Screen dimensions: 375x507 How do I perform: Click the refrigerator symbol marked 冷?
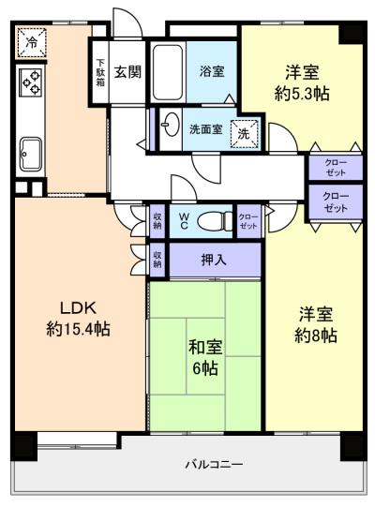point(32,43)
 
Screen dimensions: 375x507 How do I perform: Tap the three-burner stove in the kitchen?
point(31,82)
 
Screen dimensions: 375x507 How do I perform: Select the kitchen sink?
point(31,155)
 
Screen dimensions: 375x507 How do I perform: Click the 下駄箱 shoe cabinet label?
point(100,72)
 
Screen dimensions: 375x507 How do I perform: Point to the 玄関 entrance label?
point(127,72)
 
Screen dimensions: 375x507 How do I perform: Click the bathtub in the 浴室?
point(168,72)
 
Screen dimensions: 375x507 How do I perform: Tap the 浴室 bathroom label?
point(212,71)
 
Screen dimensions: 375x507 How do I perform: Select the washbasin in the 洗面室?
point(171,124)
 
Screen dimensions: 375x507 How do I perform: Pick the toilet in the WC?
point(215,221)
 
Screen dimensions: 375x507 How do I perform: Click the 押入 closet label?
point(214,260)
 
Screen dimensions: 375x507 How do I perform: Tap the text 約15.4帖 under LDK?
point(78,329)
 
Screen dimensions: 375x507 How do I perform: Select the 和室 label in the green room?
point(205,347)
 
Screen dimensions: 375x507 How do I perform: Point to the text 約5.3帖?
point(302,94)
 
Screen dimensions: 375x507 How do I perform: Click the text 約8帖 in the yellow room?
point(316,336)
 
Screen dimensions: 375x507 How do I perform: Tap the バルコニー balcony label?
point(214,465)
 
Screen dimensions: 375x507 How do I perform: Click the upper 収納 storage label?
point(157,221)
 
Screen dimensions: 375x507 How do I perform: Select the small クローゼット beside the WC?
point(248,221)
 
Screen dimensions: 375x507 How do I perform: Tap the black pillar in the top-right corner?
point(352,32)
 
